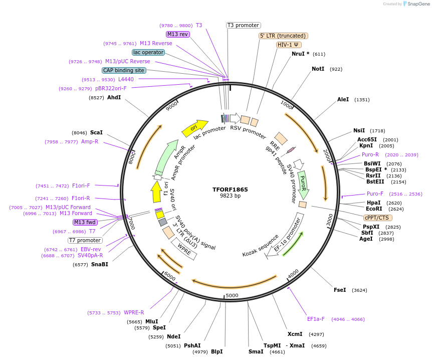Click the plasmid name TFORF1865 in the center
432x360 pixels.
click(230, 190)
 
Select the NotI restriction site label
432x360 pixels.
click(318, 69)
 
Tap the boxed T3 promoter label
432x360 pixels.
click(243, 25)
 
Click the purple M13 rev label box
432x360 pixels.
click(178, 34)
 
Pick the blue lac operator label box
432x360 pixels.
click(148, 52)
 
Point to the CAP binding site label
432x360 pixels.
click(124, 71)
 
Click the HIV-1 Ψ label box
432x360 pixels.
click(289, 45)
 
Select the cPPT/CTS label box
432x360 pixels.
click(378, 218)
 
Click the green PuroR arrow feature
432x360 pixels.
click(303, 184)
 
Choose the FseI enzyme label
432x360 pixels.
click(340, 290)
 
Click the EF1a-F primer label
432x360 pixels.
click(316, 319)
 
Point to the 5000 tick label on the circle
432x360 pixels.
click(232, 295)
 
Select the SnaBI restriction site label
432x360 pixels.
click(99, 264)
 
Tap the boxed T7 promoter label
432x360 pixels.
click(85, 240)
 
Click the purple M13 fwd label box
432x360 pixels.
click(85, 222)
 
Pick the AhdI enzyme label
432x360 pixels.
click(114, 97)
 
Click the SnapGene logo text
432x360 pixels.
click(419, 4)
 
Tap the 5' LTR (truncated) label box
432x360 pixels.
click(283, 36)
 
